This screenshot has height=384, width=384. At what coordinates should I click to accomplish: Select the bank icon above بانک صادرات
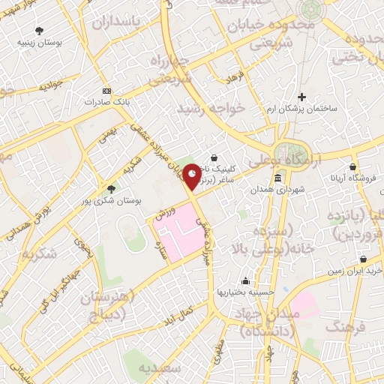pos(106,88)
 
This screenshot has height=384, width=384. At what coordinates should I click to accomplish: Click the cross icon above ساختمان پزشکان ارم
pos(302,97)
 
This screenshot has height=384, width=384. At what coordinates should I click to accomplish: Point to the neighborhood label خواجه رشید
pos(211,109)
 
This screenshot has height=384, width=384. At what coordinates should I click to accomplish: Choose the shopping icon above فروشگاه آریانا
pos(352,166)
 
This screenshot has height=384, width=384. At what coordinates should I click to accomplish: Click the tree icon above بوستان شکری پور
pos(111,189)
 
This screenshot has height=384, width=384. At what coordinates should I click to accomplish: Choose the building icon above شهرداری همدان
pos(277,178)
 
